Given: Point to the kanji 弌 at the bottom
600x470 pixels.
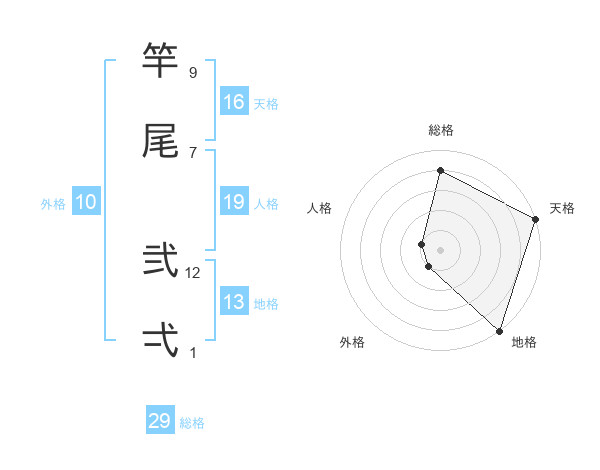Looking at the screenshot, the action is pyautogui.click(x=161, y=340).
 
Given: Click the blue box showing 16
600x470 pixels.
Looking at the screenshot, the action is pyautogui.click(x=234, y=102).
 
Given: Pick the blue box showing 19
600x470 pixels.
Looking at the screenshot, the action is pyautogui.click(x=234, y=203).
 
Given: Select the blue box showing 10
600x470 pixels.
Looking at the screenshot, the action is pyautogui.click(x=86, y=203).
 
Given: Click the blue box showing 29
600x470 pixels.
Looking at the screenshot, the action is pyautogui.click(x=160, y=421).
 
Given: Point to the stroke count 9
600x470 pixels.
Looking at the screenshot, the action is pyautogui.click(x=192, y=73).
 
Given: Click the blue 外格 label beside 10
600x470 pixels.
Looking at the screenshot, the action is pyautogui.click(x=53, y=204).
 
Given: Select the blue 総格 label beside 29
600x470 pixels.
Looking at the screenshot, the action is pyautogui.click(x=193, y=423).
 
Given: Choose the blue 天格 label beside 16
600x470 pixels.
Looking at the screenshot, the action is pyautogui.click(x=266, y=104).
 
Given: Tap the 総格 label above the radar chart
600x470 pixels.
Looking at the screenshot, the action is pyautogui.click(x=441, y=130).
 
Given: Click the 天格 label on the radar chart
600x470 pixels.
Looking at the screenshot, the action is pyautogui.click(x=562, y=208).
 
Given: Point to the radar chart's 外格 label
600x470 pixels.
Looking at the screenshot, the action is pyautogui.click(x=352, y=343).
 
